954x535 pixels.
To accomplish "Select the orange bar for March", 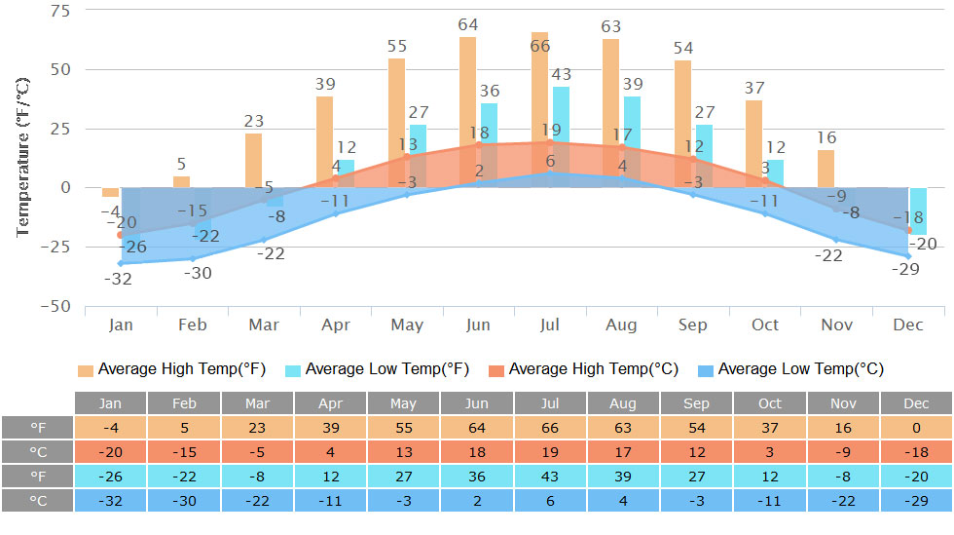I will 253,160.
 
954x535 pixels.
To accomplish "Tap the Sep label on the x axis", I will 694,325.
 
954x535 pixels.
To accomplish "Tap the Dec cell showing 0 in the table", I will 915,427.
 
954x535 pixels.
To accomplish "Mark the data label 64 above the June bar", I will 469,24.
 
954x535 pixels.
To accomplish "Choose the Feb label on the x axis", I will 193,325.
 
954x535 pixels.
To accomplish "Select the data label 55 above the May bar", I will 397,46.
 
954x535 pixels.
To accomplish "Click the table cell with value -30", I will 184,500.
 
